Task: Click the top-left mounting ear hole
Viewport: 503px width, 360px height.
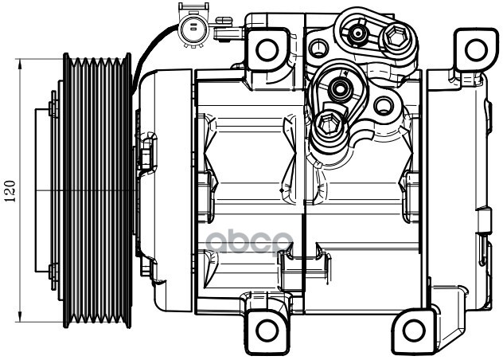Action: [267, 49]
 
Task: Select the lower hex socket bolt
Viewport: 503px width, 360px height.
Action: [327, 126]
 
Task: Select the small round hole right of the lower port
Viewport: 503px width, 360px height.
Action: [382, 104]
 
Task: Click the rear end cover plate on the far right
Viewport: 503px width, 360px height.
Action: [462, 191]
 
